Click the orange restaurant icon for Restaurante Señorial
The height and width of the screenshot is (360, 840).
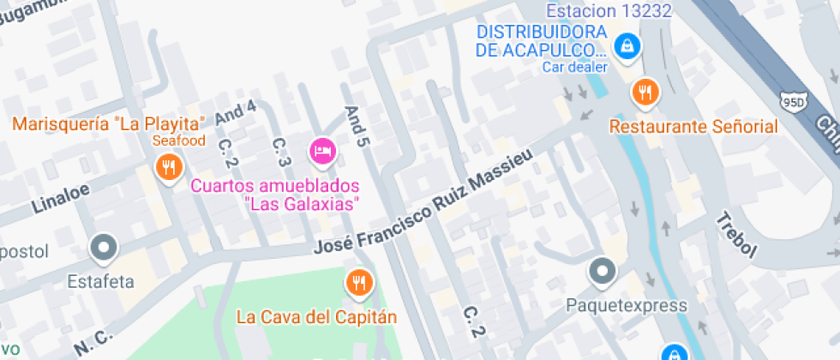pyautogui.click(x=645, y=92)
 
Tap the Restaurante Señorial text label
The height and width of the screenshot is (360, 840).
pyautogui.click(x=693, y=127)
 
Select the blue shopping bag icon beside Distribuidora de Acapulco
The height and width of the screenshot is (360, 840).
pyautogui.click(x=627, y=45)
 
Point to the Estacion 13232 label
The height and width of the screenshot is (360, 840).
pyautogui.click(x=608, y=11)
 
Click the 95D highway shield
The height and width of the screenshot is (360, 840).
pyautogui.click(x=793, y=102)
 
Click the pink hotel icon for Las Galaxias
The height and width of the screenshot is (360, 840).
pyautogui.click(x=322, y=152)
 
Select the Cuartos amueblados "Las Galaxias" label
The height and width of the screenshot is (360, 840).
pyautogui.click(x=274, y=195)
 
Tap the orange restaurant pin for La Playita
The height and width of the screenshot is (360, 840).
pyautogui.click(x=167, y=166)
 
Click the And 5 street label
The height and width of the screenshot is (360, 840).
pyautogui.click(x=356, y=129)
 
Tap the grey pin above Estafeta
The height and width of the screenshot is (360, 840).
pyautogui.click(x=104, y=249)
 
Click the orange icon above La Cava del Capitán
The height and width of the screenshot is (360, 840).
pyautogui.click(x=358, y=282)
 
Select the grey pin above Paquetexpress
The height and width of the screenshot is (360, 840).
pyautogui.click(x=603, y=273)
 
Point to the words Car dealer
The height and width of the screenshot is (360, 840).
pyautogui.click(x=574, y=67)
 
